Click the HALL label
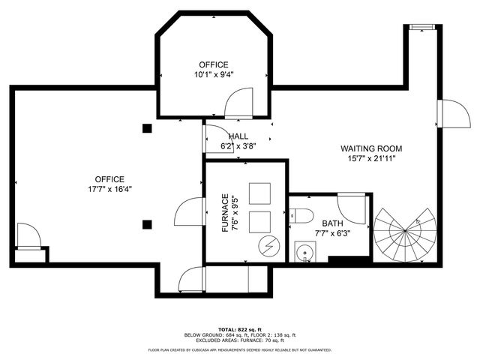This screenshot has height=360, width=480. coord(238,136)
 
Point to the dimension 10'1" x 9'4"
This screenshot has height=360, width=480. coord(214,74)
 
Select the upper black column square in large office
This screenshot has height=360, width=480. coord(147,128)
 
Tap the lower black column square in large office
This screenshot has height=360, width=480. coord(147,223)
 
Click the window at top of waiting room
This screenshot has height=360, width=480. coord(421,28)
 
